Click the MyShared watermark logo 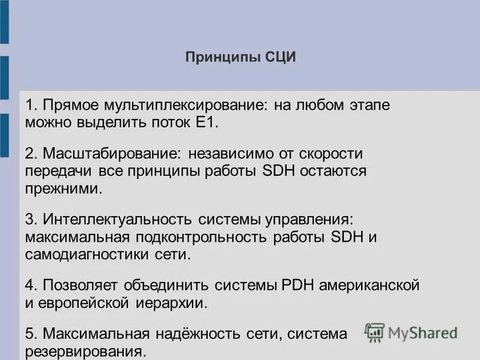tap(411, 332)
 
